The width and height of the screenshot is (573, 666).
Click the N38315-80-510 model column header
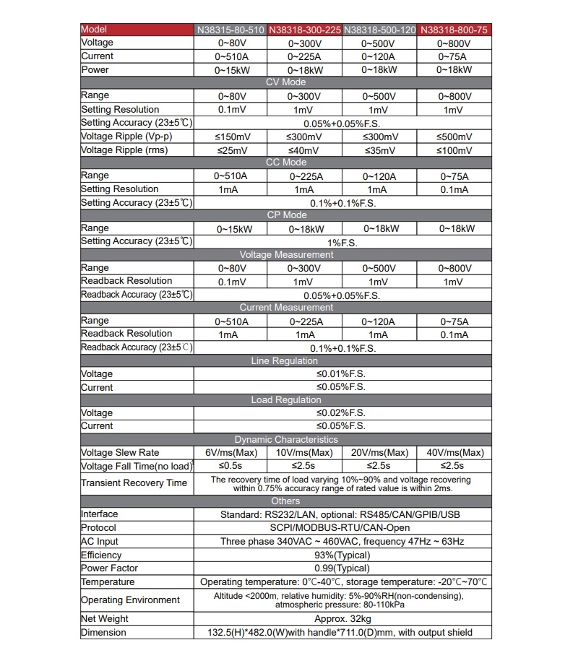231,30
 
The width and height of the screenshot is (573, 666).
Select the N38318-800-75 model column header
454,30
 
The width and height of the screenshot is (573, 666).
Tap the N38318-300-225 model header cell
304,30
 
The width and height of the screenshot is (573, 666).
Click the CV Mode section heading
286,82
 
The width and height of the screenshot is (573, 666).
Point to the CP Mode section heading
286,215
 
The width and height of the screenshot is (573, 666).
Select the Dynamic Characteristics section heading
286,439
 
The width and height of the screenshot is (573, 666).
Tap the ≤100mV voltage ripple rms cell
454,150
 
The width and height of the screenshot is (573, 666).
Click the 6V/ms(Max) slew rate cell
231,453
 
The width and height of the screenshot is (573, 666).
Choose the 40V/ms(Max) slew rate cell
454,453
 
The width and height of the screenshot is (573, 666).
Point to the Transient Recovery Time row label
134,483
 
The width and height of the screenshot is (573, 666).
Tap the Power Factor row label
110,568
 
